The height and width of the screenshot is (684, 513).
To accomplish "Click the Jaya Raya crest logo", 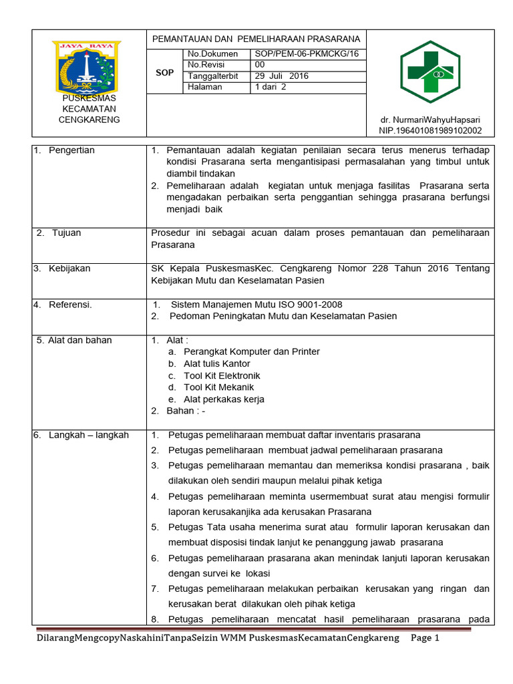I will [87, 67].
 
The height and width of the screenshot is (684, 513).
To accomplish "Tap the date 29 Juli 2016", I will [281, 76].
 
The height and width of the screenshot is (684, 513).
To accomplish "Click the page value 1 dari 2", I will [270, 87].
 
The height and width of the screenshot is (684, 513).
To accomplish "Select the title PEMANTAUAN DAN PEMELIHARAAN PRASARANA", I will [256, 39].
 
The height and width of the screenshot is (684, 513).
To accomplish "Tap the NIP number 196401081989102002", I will [430, 131].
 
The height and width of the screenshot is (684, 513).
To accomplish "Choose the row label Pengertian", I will [71, 150].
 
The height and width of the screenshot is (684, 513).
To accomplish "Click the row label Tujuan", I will [67, 233].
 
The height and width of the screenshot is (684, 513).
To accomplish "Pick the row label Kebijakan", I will [69, 269].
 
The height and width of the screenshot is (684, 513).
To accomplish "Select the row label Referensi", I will [69, 305].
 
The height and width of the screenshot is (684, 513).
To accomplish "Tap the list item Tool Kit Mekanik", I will [218, 387].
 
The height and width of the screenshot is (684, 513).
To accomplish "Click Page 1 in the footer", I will [425, 638].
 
